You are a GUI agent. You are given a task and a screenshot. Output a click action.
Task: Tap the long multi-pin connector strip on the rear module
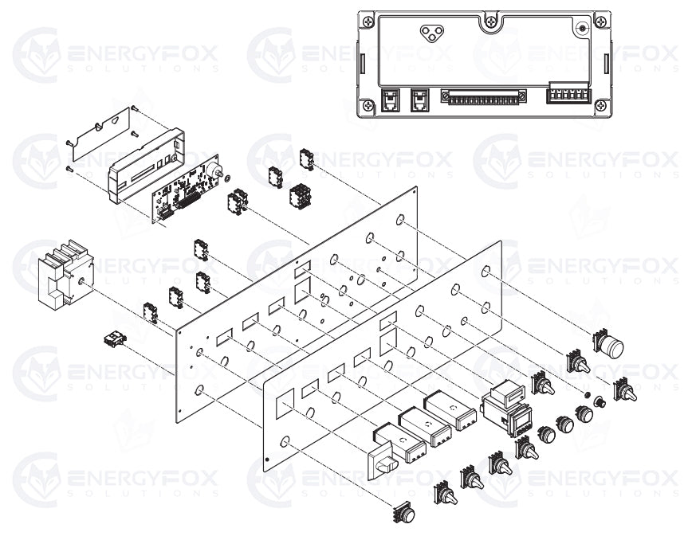point(486,98)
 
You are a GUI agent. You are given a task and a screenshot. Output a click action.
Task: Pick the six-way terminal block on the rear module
point(568,95)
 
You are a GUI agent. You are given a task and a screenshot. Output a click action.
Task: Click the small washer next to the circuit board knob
point(228,177)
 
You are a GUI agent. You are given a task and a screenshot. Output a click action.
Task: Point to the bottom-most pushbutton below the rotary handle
point(403,514)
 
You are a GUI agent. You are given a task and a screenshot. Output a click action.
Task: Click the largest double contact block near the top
point(301,194)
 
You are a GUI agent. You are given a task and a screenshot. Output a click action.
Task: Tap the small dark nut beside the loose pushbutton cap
point(588,396)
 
